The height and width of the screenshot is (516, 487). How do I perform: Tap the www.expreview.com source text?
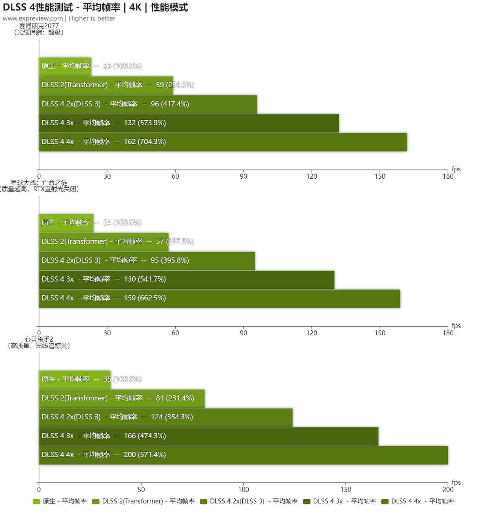(x=33, y=18)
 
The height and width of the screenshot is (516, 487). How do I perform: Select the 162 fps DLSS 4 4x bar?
(x=223, y=142)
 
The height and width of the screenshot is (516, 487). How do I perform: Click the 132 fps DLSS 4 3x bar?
(x=189, y=123)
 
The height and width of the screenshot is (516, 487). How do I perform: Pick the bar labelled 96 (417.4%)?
(x=148, y=104)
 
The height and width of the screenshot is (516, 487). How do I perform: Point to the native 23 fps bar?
(x=65, y=66)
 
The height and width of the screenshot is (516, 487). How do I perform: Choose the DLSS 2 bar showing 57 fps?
(x=104, y=242)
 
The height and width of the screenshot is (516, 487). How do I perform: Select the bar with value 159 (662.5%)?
(x=219, y=298)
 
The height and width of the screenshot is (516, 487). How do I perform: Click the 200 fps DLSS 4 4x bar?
(x=243, y=455)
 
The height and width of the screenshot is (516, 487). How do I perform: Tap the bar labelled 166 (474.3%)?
(x=209, y=436)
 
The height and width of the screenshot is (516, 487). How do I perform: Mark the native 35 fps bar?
(x=75, y=379)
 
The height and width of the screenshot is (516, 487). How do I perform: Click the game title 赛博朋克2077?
(x=39, y=26)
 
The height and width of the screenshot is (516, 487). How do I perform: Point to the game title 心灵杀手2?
(x=39, y=339)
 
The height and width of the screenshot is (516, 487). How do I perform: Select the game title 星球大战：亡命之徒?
(x=39, y=183)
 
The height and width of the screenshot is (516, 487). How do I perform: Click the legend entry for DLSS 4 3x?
(x=340, y=502)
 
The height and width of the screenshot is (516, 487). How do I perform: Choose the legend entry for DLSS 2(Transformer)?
(x=144, y=502)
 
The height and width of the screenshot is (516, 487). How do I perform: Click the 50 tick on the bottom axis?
(x=141, y=489)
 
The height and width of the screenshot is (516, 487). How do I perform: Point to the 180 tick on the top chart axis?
(x=448, y=176)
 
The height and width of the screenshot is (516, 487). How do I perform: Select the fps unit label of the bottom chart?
(x=456, y=482)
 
